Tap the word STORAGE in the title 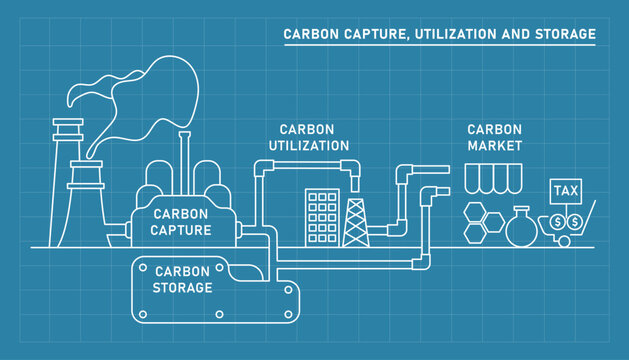pyautogui.click(x=566, y=34)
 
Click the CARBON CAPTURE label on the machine pyautogui.click(x=181, y=222)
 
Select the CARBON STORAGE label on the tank pyautogui.click(x=182, y=279)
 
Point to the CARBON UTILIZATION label pyautogui.click(x=308, y=137)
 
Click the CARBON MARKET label pyautogui.click(x=495, y=137)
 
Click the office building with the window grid pyautogui.click(x=322, y=216)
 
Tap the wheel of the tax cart pyautogui.click(x=564, y=241)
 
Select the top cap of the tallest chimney pyautogui.click(x=68, y=127)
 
